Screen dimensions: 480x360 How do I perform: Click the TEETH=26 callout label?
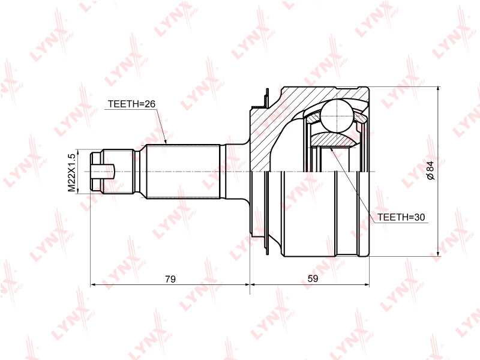click(131, 104)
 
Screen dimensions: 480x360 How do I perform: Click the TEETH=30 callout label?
click(401, 217)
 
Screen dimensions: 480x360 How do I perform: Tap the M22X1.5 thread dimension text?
click(71, 173)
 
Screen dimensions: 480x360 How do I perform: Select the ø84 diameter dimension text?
click(430, 170)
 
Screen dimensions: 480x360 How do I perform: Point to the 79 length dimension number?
click(170, 279)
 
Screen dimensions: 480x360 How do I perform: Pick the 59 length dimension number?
click(313, 278)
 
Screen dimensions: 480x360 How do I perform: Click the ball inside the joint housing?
click(337, 116)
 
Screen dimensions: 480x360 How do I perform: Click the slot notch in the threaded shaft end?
click(103, 172)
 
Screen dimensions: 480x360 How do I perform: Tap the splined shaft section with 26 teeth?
click(183, 172)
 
